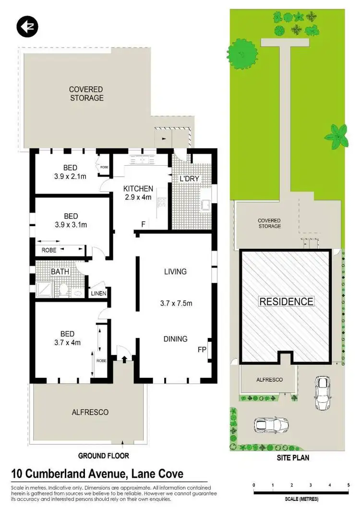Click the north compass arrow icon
(27, 26)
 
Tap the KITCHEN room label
(138, 189)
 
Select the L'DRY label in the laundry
(189, 179)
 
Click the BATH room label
(60, 272)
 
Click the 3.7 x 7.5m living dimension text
(176, 303)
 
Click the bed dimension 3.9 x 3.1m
(71, 225)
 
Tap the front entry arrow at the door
(124, 358)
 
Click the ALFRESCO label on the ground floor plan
(90, 412)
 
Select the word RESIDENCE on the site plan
(286, 302)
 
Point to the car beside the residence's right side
(322, 393)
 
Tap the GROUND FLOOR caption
(104, 456)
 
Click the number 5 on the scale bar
(348, 485)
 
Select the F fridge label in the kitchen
(143, 224)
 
